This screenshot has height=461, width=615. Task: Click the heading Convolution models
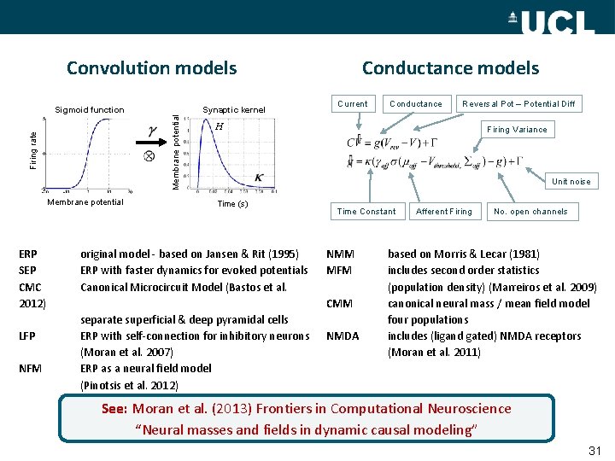point(151,67)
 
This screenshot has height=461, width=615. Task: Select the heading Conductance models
point(450,67)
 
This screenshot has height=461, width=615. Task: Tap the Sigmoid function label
point(90,109)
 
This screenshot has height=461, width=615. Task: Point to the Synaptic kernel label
point(234,109)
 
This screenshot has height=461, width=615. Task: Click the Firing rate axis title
point(33,149)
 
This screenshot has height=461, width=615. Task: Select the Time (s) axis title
point(232,204)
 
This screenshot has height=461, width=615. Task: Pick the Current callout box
point(352,104)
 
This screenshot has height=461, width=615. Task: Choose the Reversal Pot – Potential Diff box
point(518,104)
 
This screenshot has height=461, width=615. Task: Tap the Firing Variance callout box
point(517,130)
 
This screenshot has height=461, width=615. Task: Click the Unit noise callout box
point(571,181)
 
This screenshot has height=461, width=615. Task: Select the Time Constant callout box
point(366,211)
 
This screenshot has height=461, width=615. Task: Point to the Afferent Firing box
point(443,211)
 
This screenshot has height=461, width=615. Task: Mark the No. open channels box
point(530,211)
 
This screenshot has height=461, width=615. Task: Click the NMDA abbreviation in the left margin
point(343,336)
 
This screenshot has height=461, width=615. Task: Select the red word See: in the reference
point(114,409)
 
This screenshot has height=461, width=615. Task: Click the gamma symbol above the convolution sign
point(152,131)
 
